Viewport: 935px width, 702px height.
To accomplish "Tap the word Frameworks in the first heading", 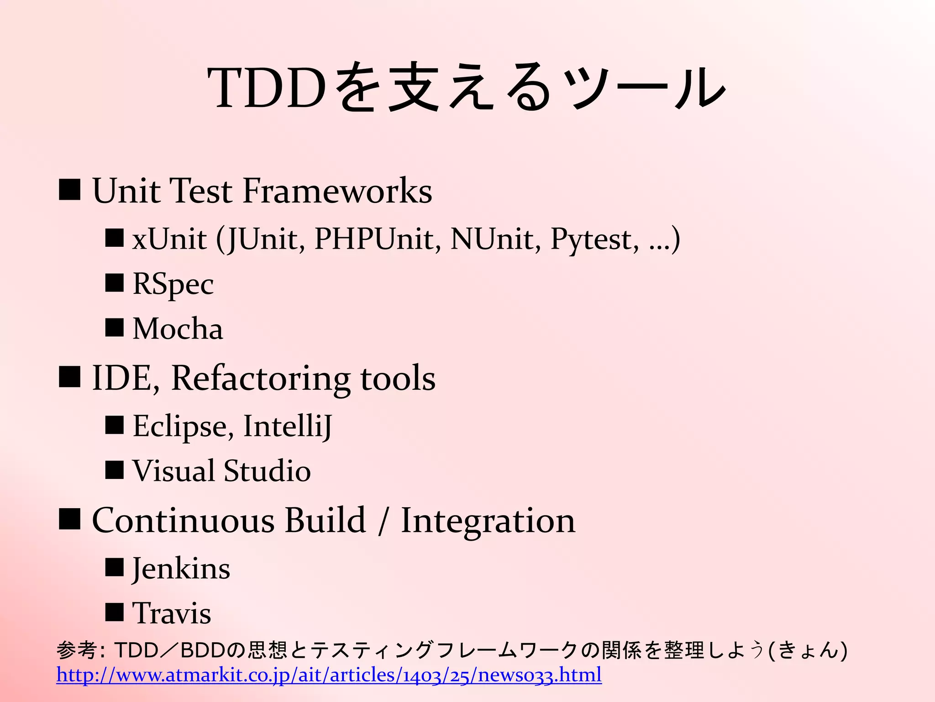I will coord(337,191).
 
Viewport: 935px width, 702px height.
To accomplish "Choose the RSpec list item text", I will coord(173,284).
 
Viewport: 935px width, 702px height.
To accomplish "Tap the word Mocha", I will coord(178,329).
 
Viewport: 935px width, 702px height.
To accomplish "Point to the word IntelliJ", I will coord(288,426).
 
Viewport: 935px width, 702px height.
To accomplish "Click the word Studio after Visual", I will coord(267,471).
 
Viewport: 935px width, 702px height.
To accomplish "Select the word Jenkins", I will coord(181,569).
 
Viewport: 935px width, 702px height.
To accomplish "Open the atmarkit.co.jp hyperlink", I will coord(329,675).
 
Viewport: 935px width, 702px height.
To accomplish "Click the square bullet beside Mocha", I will coord(114,327).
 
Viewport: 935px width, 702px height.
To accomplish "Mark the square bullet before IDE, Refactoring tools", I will coord(70,377).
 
